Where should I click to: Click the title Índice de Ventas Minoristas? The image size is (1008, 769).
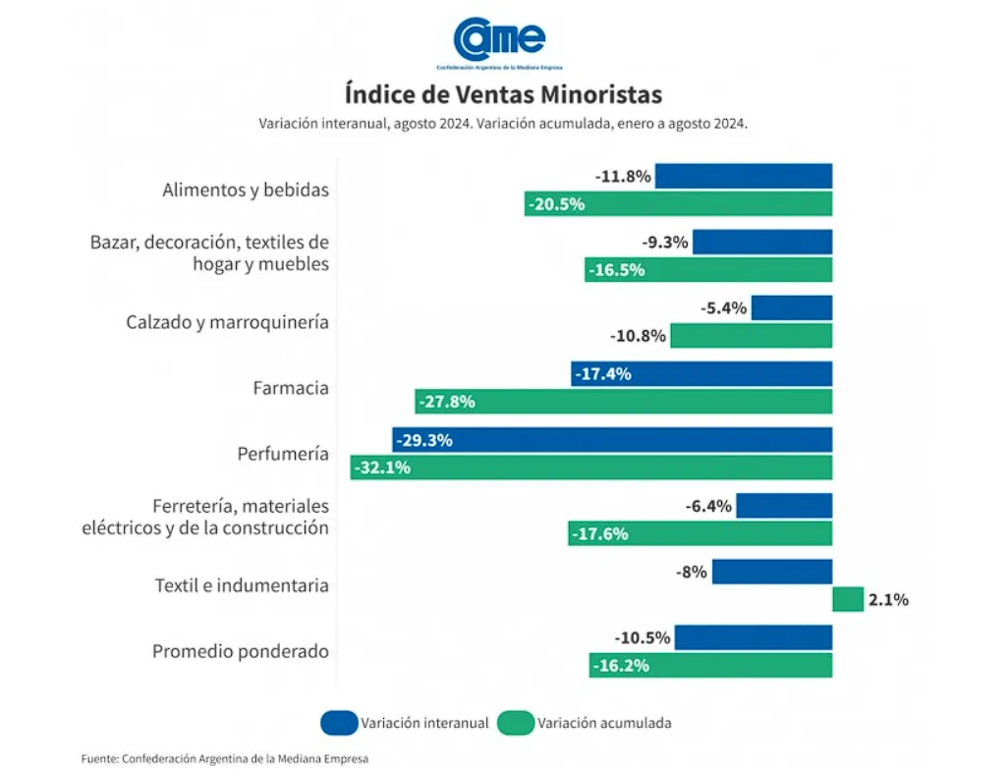coord(503,94)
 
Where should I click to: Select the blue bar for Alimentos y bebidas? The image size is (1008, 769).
coord(744,177)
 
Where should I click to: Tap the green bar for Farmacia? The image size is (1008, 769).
coord(624,402)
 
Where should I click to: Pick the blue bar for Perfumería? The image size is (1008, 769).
coord(612,440)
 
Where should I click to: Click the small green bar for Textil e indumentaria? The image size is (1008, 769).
coord(847,599)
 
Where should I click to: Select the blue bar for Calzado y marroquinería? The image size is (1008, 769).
coord(792,308)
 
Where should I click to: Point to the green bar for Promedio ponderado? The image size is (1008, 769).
coord(710,665)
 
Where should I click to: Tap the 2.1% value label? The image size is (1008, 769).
coord(888,599)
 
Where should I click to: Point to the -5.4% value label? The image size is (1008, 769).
coord(724,308)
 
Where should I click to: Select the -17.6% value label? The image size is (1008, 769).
coord(599,534)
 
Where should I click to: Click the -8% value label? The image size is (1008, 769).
coord(691,572)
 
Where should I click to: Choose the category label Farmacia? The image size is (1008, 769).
coord(290,388)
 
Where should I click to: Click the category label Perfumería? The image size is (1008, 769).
coord(282,454)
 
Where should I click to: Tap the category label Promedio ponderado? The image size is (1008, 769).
coord(240,651)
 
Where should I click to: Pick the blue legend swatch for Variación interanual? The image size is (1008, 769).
coord(337,723)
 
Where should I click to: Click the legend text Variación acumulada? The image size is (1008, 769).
coord(604,723)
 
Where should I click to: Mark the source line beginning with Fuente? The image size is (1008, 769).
coord(224,758)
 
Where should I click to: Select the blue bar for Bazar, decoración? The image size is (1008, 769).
coord(762,243)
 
